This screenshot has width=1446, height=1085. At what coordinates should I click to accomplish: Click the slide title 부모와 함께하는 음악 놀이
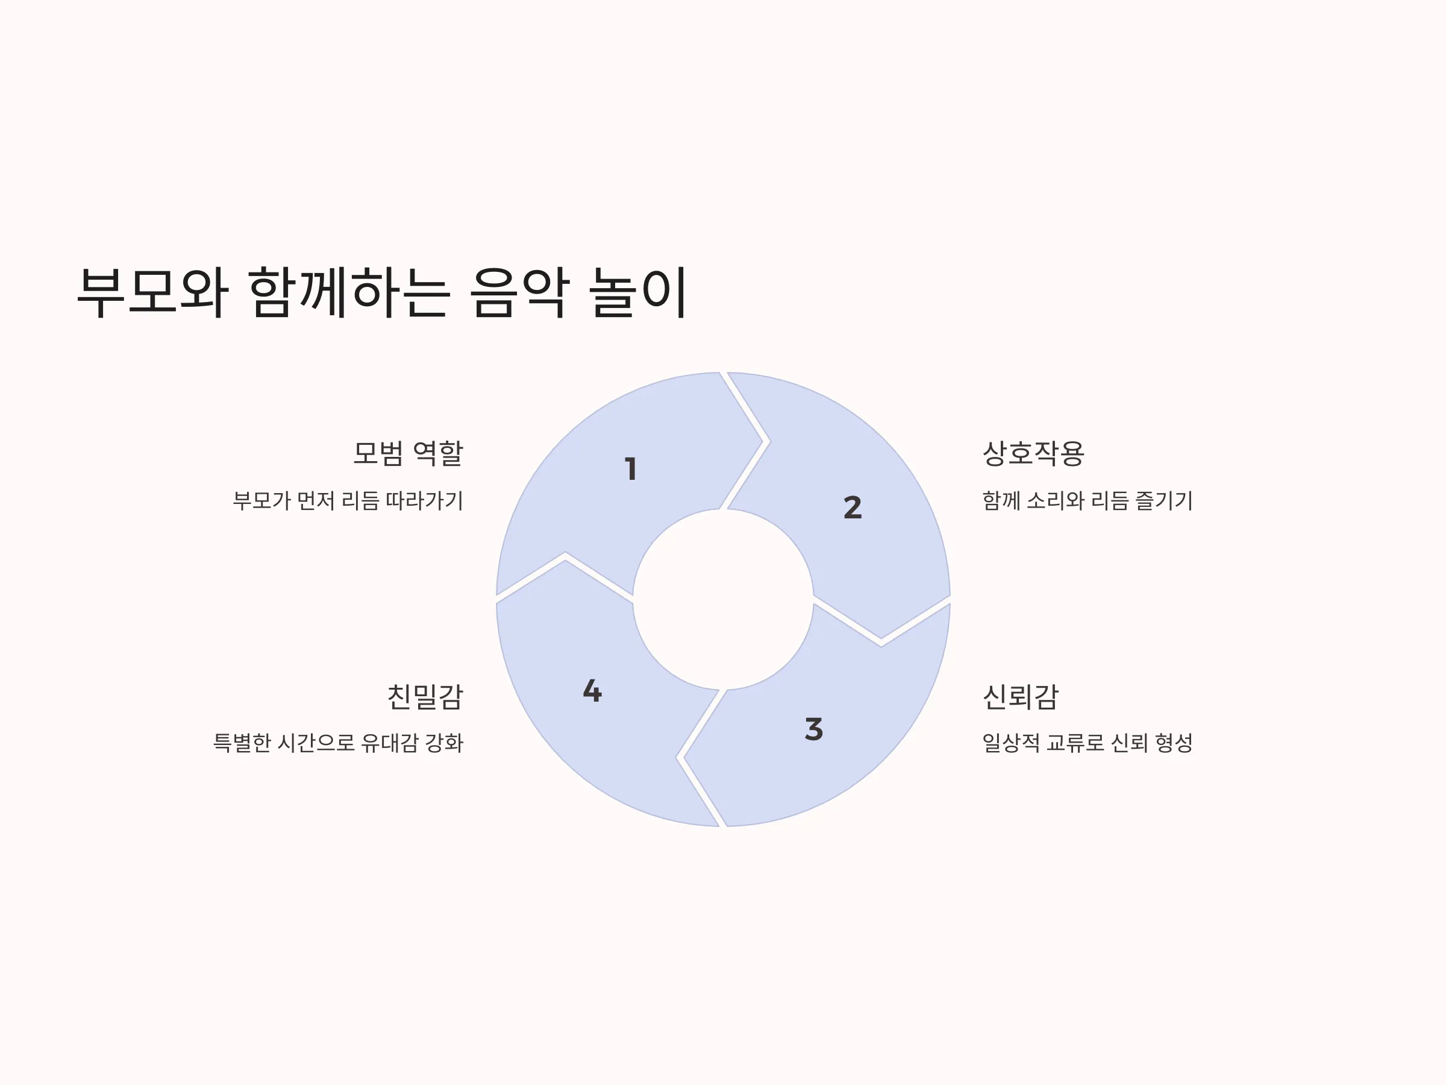(x=382, y=292)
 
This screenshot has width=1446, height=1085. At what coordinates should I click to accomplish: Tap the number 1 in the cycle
(x=631, y=469)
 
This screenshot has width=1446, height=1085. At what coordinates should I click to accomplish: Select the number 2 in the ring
(x=853, y=508)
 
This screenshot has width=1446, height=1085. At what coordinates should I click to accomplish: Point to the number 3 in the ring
(x=814, y=729)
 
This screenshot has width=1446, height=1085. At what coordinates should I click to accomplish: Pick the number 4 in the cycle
(x=592, y=691)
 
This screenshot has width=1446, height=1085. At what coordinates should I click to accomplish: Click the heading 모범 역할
(x=408, y=453)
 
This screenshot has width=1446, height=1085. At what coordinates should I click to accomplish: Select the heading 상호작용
(x=1033, y=453)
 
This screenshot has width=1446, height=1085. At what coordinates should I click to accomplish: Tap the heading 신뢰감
(x=1021, y=697)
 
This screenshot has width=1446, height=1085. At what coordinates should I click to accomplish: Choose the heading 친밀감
(x=425, y=697)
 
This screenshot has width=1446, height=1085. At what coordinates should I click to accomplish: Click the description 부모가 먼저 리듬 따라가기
(x=348, y=501)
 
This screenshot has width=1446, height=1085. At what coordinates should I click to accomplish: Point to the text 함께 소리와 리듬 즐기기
(x=1088, y=501)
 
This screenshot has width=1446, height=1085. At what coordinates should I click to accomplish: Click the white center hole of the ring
(x=723, y=600)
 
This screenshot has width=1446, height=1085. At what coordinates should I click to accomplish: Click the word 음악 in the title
(x=520, y=292)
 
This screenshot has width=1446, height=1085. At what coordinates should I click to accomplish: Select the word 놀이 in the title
(x=638, y=292)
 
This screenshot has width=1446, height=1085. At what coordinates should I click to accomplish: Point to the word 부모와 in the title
(x=152, y=292)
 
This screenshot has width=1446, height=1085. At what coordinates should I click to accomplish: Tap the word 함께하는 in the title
(x=349, y=292)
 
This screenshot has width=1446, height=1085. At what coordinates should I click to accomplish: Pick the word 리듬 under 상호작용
(x=1110, y=501)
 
